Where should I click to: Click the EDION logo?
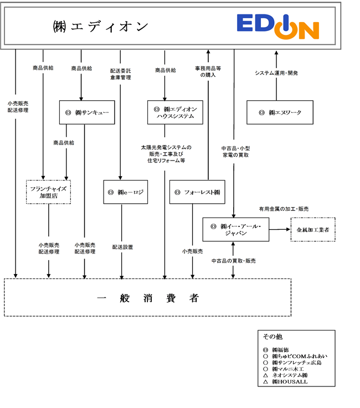[x=277, y=27]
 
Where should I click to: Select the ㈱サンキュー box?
[x=87, y=112]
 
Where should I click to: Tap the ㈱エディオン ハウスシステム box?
[x=175, y=112]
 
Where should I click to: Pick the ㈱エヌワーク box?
[x=280, y=112]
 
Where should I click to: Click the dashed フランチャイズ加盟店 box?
[x=48, y=192]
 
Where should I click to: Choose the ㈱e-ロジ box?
[x=126, y=192]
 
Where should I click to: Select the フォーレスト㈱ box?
[x=197, y=192]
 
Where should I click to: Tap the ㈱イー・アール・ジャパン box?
[x=236, y=230]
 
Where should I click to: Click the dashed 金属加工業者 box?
[x=313, y=230]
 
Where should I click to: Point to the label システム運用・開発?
[x=276, y=73]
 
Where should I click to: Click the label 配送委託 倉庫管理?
[x=121, y=74]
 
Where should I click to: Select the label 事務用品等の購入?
[x=208, y=71]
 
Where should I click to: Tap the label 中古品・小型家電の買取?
[x=235, y=152]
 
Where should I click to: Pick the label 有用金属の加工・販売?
[x=284, y=209]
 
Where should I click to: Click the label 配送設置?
[x=122, y=247]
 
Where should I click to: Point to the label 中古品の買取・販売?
[x=234, y=261]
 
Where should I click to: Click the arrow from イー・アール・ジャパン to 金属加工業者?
[x=280, y=230]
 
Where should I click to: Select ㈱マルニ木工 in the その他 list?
[x=288, y=369]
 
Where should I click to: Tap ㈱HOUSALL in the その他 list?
[x=290, y=382]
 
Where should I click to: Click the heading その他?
[x=272, y=337]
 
